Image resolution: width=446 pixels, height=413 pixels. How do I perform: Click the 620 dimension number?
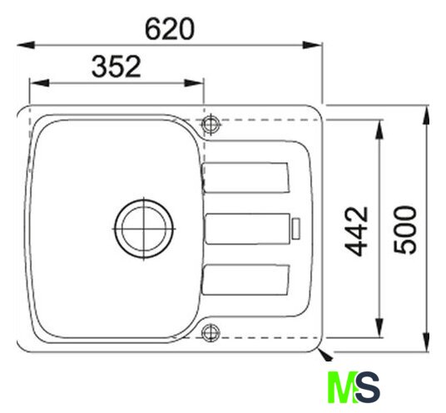point(170,29)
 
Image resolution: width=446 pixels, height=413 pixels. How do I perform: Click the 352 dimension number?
point(116,66)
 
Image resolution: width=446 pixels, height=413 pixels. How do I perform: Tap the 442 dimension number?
point(356,232)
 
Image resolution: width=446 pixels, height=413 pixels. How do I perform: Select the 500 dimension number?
point(405,229)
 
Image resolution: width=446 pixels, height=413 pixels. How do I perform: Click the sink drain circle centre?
point(144,229)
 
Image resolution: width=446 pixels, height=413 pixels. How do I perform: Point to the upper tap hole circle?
point(211,124)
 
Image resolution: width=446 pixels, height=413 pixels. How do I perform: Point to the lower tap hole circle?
point(211,332)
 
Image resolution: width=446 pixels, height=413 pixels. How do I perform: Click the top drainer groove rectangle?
point(245,178)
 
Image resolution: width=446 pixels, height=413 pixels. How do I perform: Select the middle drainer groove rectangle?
point(247,229)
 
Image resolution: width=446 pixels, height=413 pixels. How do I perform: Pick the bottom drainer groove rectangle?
point(245,280)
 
